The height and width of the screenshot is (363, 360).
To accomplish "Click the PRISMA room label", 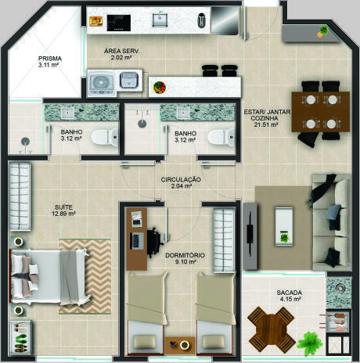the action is pos(50,59).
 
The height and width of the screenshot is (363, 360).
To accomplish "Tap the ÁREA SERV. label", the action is pos(121,51).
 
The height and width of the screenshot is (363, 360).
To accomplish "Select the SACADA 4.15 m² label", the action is pos(290,296).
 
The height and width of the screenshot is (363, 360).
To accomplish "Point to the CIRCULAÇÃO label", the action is pos(181,180).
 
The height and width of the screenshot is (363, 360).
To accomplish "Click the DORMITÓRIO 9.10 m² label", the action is pos(185,258).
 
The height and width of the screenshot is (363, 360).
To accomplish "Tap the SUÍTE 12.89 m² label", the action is pos(64,210).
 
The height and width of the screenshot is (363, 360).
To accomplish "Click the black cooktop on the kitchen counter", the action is pos(119,23).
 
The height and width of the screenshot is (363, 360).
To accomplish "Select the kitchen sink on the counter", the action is pos(160,20).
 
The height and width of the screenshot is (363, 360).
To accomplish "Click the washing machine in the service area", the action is pos(102,83).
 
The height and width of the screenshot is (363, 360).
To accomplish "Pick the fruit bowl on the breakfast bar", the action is pos(160,87).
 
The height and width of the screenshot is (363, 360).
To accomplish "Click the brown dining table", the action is pos(320,112).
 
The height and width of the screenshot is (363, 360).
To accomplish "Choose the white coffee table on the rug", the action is pos(284,226).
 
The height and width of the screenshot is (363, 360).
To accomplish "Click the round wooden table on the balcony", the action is pos(272,329).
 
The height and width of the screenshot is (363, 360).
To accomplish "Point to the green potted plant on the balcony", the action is pos(310,343).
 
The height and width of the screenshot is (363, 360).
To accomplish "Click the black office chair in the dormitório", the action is pos(154,241).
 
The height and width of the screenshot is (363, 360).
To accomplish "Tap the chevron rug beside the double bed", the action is pos(85,276).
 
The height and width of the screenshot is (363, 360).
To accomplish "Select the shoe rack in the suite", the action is pos(21,338).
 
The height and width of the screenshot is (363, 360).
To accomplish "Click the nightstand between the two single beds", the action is pos(180,345).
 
